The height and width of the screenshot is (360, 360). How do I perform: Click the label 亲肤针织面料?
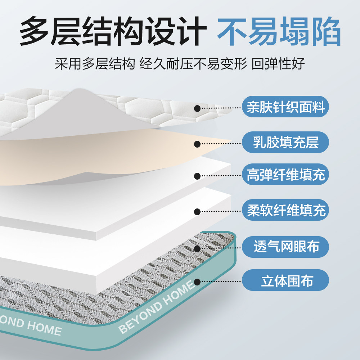point(285,107)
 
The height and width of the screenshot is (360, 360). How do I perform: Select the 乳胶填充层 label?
point(285,141)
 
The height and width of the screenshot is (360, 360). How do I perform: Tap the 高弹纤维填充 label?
point(285,175)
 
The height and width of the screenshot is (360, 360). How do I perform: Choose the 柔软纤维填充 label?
point(285,210)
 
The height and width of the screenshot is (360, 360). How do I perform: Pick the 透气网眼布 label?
point(285,247)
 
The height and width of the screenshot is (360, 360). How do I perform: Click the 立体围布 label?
point(285,281)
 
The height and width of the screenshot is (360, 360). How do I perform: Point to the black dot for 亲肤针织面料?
point(197,108)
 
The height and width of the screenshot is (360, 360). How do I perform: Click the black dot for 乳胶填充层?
point(197,144)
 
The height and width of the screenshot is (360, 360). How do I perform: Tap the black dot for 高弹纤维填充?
point(197,176)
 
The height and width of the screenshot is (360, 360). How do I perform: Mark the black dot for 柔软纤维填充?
point(197,212)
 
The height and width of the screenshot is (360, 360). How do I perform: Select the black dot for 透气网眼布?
point(197,248)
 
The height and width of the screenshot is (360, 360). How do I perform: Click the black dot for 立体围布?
point(197,282)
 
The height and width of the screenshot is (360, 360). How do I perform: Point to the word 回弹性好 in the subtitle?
point(278,64)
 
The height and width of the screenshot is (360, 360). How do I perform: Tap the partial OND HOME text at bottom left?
point(31,326)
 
